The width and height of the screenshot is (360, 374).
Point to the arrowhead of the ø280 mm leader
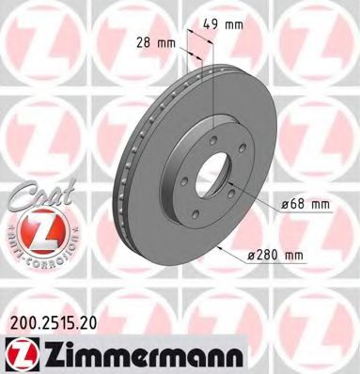point(217,247)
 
